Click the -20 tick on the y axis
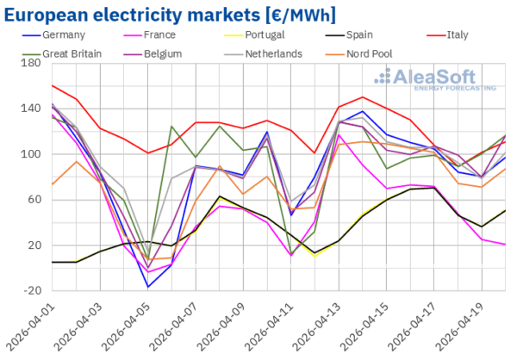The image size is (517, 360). coord(31,290)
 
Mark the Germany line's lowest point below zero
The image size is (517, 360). coord(147,287)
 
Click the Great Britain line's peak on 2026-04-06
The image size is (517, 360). coord(171,127)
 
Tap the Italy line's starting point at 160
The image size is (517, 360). coord(52,85)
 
